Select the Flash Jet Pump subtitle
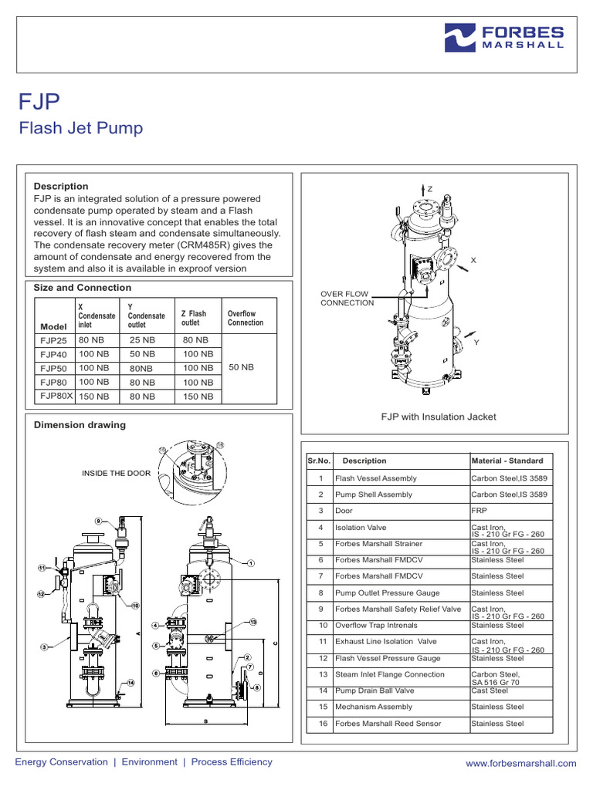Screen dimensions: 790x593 click(80, 128)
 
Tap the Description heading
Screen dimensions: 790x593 click(61, 186)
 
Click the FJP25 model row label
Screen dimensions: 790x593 click(53, 340)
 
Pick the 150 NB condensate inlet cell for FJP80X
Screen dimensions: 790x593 click(93, 397)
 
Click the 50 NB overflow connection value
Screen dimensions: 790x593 click(241, 368)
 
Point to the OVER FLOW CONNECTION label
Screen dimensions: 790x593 click(347, 299)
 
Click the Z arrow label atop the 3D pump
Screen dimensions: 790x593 click(430, 189)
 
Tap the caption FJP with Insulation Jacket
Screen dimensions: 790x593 click(439, 417)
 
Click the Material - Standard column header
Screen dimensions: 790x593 click(507, 461)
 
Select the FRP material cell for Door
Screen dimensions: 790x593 click(479, 511)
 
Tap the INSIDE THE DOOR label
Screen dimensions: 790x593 click(116, 473)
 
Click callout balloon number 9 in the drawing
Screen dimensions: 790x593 click(99, 522)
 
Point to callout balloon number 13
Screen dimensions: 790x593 click(252, 622)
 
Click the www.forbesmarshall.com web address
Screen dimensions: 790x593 click(521, 764)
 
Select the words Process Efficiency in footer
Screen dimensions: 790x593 click(232, 762)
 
